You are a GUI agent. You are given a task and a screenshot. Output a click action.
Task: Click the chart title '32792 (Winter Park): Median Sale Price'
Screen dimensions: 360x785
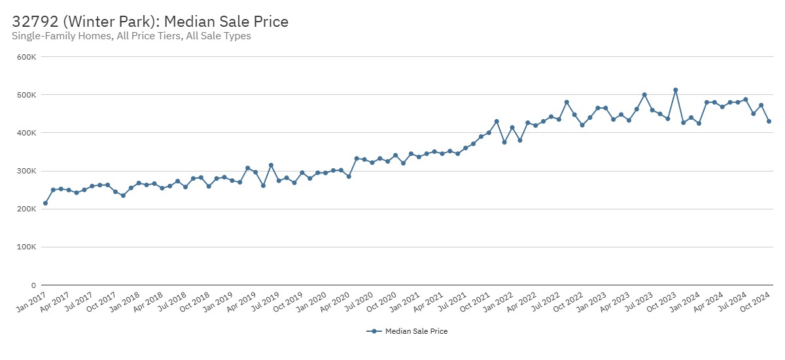150,22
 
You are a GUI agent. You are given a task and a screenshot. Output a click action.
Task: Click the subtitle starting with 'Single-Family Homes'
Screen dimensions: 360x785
131,36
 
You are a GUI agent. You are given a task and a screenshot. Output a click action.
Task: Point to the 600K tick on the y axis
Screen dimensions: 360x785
27,57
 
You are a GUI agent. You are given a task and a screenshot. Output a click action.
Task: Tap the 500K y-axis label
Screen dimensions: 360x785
27,95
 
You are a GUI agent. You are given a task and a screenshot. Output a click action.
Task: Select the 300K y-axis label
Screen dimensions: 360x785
27,171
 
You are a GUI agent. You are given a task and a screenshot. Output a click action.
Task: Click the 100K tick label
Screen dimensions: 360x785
27,247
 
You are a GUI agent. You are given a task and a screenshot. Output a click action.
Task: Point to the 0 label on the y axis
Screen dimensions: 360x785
33,285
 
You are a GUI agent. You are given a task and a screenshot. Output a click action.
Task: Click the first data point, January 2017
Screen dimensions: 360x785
45,203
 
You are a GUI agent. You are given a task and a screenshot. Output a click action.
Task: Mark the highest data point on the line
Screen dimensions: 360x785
676,90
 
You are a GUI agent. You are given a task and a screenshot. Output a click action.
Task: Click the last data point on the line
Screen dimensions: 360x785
769,121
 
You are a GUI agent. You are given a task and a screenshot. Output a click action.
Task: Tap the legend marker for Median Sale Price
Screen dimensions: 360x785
374,331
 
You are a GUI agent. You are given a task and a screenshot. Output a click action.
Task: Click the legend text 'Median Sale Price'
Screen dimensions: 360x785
416,331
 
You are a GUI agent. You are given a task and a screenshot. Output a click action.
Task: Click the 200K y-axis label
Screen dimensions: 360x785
27,209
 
